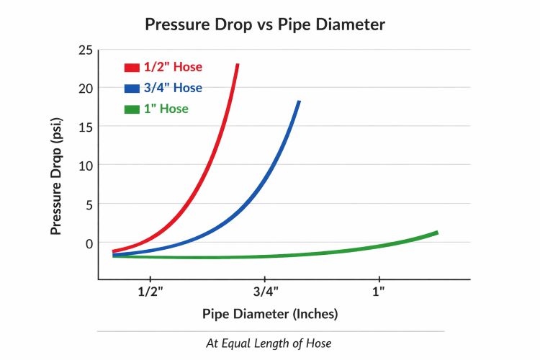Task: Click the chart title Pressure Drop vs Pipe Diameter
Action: [x=265, y=24]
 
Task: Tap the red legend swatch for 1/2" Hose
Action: [x=131, y=68]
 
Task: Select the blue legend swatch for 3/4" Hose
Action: [x=131, y=89]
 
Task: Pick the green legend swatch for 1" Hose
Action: [x=131, y=109]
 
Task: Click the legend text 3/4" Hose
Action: [x=174, y=89]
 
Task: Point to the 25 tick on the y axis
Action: [x=84, y=50]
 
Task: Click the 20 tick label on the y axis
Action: [x=84, y=89]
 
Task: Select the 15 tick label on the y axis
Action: [x=84, y=127]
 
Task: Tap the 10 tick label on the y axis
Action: [x=84, y=165]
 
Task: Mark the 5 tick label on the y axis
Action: [x=88, y=204]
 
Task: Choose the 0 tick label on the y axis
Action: [x=88, y=243]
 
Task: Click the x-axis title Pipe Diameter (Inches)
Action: [x=270, y=314]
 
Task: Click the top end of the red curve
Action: [x=237, y=65]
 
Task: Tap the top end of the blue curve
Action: [x=298, y=102]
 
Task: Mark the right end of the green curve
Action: [x=436, y=233]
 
